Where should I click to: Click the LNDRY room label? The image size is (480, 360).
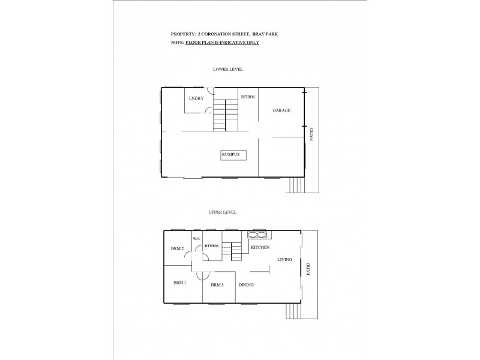pyautogui.click(x=196, y=98)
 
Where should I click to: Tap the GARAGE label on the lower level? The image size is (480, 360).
pyautogui.click(x=281, y=111)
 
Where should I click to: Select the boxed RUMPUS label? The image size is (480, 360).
pyautogui.click(x=230, y=155)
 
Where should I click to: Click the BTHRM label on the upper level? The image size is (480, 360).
pyautogui.click(x=211, y=246)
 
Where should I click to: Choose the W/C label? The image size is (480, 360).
pyautogui.click(x=196, y=238)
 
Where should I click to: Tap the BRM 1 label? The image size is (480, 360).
pyautogui.click(x=179, y=282)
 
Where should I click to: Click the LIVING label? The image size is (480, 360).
pyautogui.click(x=284, y=260)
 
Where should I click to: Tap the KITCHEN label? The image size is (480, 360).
pyautogui.click(x=260, y=247)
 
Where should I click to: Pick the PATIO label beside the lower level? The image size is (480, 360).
pyautogui.click(x=311, y=134)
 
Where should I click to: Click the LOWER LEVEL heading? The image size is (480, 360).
pyautogui.click(x=228, y=70)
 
